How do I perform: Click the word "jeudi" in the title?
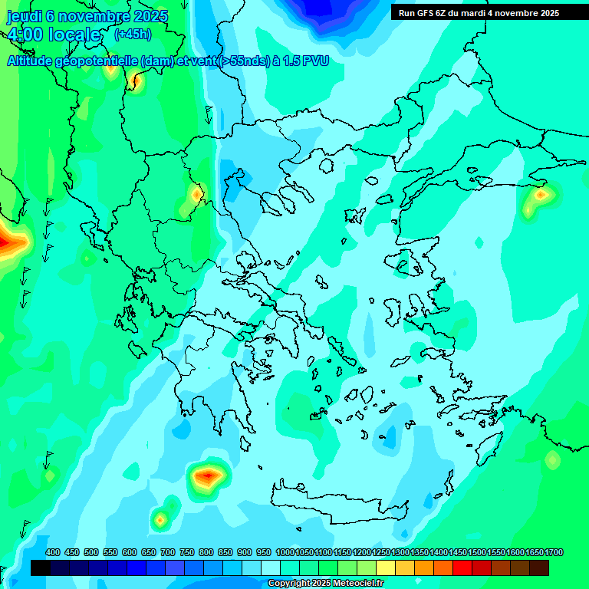tap(25, 16)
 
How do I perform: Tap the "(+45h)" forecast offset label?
tap(133, 35)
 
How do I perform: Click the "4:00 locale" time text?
tap(54, 35)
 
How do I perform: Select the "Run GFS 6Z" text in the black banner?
tap(422, 13)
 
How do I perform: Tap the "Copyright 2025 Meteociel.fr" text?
tap(325, 584)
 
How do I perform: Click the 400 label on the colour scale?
tap(53, 552)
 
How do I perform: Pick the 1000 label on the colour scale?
tap(285, 552)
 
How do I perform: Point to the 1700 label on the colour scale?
tap(554, 552)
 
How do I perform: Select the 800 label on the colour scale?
tap(206, 552)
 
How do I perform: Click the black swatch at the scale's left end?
tap(41, 568)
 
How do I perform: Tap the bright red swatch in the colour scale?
tap(462, 568)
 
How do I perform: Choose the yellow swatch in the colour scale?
tap(386, 568)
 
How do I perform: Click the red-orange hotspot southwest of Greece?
tap(208, 477)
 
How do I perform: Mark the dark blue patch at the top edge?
tap(322, 12)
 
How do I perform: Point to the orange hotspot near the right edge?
tap(541, 196)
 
